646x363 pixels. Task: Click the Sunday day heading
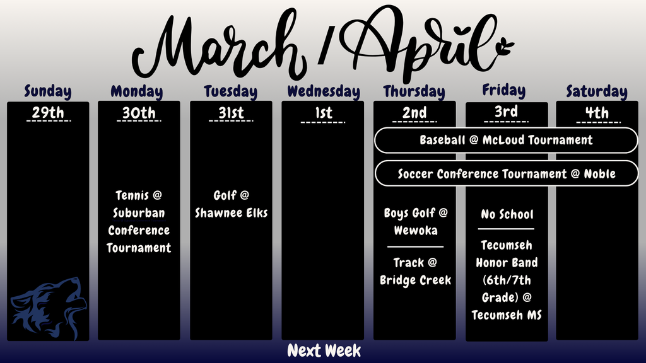(48, 91)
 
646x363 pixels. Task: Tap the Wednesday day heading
(324, 91)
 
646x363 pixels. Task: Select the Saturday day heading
(596, 91)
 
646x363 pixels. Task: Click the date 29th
(48, 113)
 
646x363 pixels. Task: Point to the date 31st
(230, 113)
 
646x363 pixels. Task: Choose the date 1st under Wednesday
(323, 113)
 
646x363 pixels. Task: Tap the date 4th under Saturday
(596, 113)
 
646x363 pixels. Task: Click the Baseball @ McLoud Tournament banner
(506, 140)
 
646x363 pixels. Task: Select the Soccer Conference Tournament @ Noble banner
(506, 173)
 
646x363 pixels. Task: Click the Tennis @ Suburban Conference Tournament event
(139, 221)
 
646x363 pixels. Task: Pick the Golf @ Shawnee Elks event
(231, 204)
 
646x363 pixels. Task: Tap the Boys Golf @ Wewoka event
(415, 221)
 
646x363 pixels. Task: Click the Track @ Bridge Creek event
(415, 271)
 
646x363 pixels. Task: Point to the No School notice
(507, 214)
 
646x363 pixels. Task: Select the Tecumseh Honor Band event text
(506, 279)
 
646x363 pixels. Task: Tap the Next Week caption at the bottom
(324, 350)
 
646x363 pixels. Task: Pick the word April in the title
(429, 41)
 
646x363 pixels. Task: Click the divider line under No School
(506, 229)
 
